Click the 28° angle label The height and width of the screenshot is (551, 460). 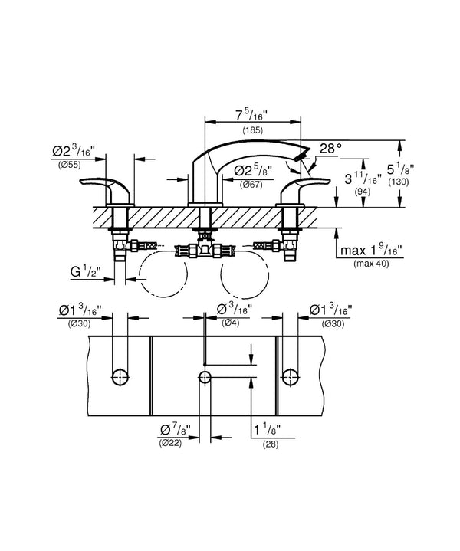[330, 149]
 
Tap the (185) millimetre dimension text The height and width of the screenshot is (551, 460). [252, 130]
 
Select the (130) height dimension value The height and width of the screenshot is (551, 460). [399, 182]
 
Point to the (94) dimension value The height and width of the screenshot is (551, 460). [363, 192]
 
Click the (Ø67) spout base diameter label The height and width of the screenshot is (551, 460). [251, 184]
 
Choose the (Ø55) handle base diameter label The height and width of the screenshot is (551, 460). [69, 165]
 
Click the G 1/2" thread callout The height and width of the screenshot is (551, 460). [85, 271]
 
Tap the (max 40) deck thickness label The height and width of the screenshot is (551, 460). [371, 263]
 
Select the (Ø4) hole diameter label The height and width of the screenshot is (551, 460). [231, 323]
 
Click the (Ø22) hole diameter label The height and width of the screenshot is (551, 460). [170, 443]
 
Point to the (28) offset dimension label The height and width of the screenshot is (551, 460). [271, 444]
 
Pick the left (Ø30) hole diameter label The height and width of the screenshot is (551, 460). [79, 324]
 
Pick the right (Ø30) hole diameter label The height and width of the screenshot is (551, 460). [333, 324]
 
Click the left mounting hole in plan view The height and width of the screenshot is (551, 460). [120, 378]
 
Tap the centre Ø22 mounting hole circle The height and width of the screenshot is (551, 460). [205, 378]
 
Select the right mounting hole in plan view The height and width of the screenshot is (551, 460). [291, 378]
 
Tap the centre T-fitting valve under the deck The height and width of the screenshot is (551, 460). [205, 249]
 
